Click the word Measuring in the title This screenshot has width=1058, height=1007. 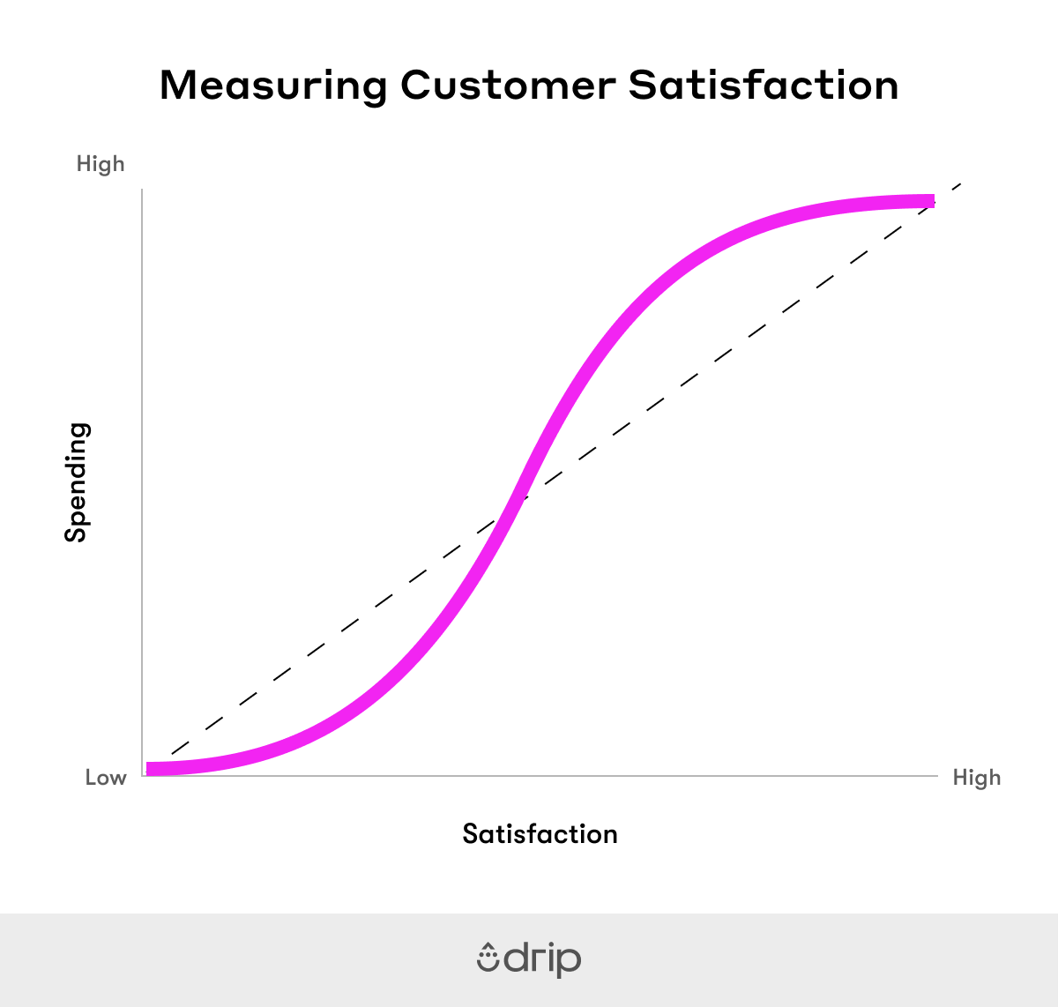point(273,86)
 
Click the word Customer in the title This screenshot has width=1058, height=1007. point(507,86)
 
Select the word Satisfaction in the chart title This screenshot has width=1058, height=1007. point(764,86)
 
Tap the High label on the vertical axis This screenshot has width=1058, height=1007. point(101,164)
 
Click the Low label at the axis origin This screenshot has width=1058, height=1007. point(106,778)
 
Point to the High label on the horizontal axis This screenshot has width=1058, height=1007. point(977,778)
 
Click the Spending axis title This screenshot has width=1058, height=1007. point(77,482)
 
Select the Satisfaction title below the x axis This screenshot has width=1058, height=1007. point(540,834)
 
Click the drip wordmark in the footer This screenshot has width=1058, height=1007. point(542,959)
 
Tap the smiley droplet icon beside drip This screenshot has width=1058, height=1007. point(488,958)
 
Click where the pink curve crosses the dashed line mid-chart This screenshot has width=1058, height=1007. point(517,499)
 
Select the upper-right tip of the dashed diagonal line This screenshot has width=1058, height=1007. point(961,183)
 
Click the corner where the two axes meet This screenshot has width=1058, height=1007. point(142,776)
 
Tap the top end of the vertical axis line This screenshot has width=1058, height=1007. point(142,189)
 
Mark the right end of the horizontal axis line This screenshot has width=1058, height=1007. point(937,776)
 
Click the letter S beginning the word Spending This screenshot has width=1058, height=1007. point(77,532)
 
